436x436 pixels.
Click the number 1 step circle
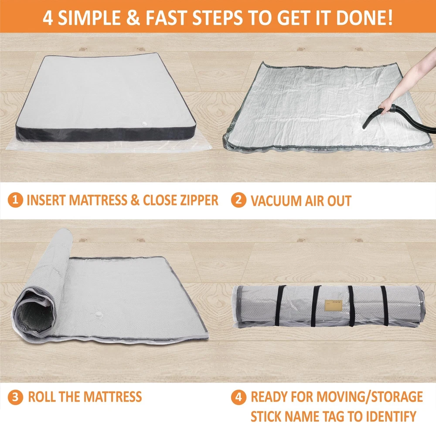[15, 200]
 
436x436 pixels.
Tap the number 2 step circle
[238, 200]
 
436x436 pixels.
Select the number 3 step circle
[15, 397]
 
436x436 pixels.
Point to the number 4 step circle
[238, 397]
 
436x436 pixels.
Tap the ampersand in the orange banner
[133, 17]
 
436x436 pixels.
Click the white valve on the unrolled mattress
[144, 124]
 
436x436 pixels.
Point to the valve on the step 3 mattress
[99, 315]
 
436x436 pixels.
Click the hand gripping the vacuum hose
[386, 107]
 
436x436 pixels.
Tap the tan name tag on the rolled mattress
[334, 306]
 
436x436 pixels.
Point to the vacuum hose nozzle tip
[364, 127]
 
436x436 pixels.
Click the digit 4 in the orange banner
[48, 17]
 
